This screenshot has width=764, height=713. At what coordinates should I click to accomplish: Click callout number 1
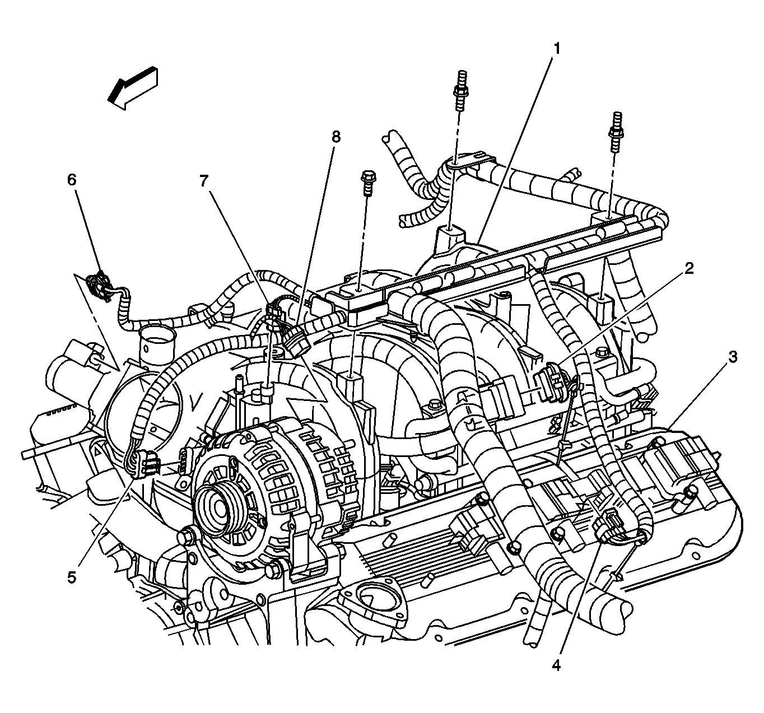pyautogui.click(x=556, y=49)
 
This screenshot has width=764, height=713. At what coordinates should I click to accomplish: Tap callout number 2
pyautogui.click(x=689, y=268)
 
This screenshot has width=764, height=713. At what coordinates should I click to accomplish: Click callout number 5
pyautogui.click(x=72, y=577)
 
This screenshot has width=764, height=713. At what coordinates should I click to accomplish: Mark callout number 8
pyautogui.click(x=336, y=136)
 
